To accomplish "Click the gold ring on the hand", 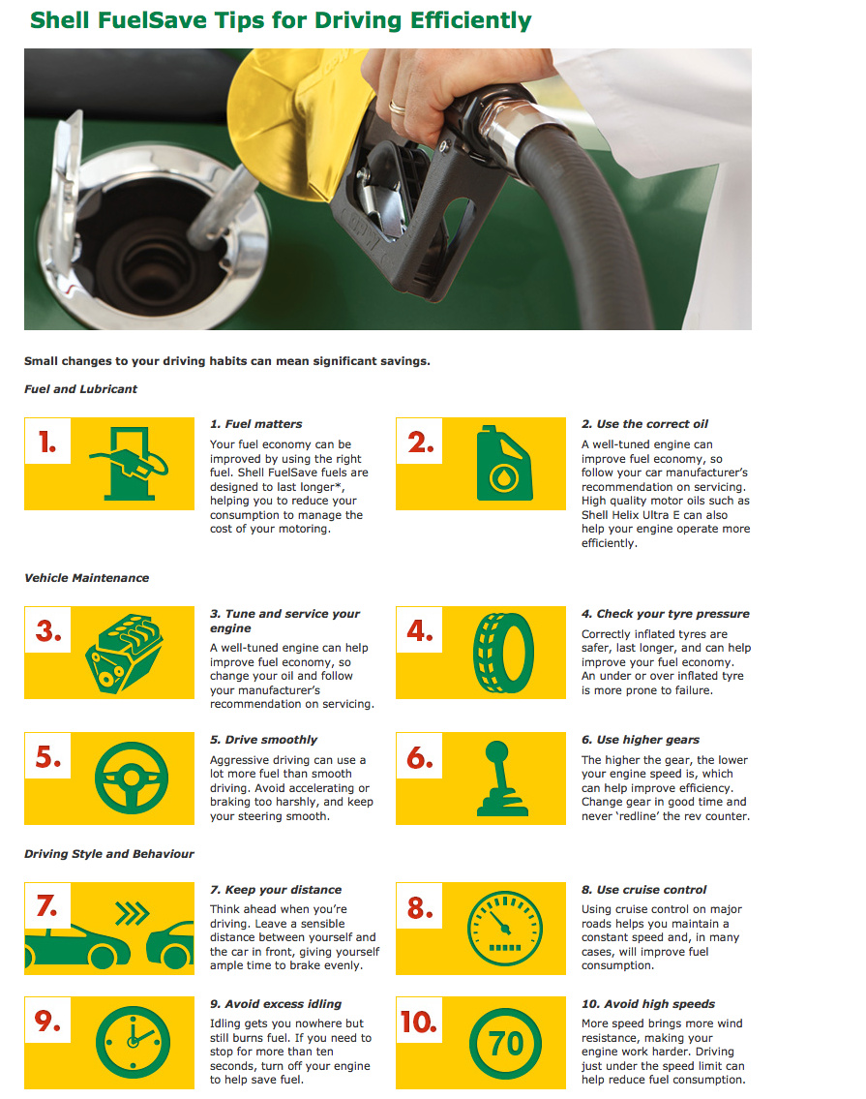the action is click(x=397, y=107).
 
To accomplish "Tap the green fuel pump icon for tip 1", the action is click(x=129, y=463).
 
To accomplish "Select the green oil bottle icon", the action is click(x=504, y=463).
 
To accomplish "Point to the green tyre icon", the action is click(x=504, y=653).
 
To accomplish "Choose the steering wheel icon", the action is click(x=132, y=778).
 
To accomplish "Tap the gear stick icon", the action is click(x=502, y=778).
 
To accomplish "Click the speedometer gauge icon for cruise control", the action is click(x=505, y=929).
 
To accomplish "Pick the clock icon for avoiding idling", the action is click(x=134, y=1042).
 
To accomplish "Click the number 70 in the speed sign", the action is click(x=506, y=1044).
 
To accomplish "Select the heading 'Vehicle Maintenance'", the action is click(x=87, y=578).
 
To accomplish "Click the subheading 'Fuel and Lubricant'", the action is click(x=80, y=389).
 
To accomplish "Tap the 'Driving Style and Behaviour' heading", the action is click(x=109, y=854).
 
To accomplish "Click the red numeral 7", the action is click(x=47, y=906).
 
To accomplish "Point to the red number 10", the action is click(x=418, y=1022).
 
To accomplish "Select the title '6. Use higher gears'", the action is click(x=641, y=740).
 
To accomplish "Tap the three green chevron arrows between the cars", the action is click(x=133, y=914).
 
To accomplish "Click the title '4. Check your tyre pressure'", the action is click(x=666, y=614).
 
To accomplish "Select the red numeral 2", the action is click(x=421, y=443).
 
